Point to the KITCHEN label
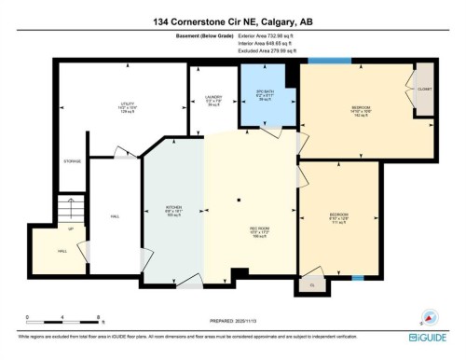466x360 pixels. (171, 211)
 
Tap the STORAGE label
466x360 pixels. (72, 162)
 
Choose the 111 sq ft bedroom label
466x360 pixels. (339, 220)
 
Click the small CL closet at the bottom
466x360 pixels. (312, 283)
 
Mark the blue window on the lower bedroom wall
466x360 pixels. (357, 278)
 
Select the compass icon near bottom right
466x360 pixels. (431, 315)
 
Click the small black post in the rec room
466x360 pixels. (239, 199)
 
